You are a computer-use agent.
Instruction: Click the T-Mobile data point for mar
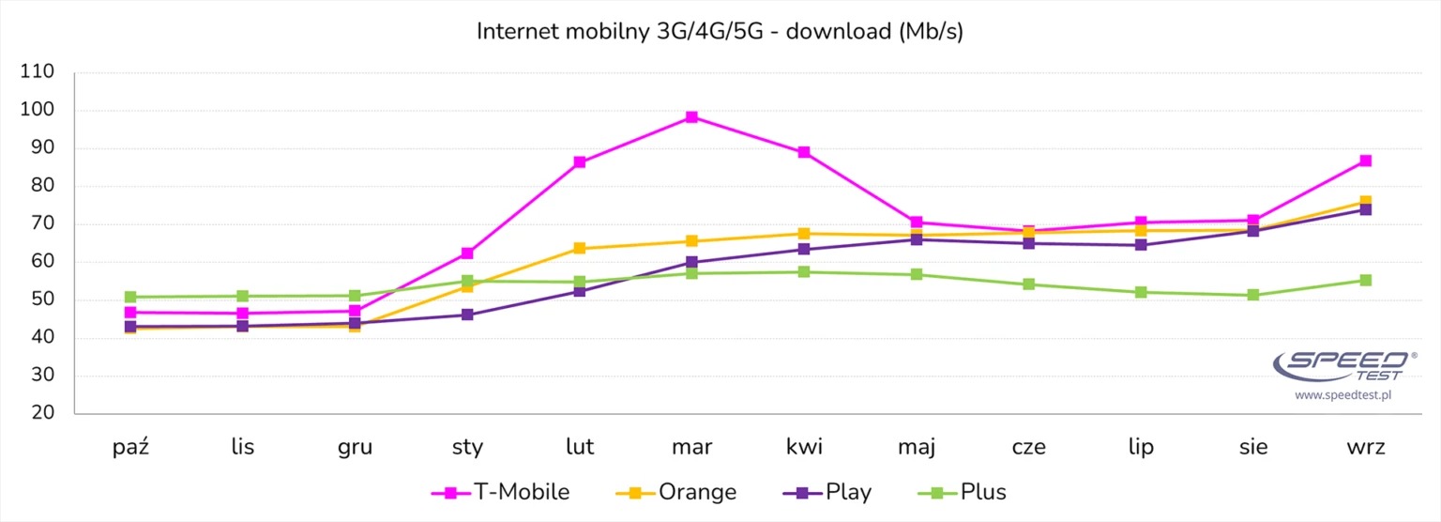[691, 117]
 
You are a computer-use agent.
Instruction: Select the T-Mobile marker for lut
[580, 162]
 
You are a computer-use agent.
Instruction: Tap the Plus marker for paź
[130, 297]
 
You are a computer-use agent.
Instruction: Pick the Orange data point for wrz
[1366, 202]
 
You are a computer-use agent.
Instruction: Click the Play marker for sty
[467, 315]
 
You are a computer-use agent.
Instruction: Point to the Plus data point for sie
[1253, 295]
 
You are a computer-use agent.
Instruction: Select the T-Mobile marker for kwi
[804, 152]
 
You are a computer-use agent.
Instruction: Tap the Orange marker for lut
[580, 248]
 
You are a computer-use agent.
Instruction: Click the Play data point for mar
[691, 262]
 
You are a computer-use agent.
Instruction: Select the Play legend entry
[826, 492]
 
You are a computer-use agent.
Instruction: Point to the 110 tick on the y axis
[38, 72]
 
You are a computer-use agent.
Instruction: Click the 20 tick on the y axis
[43, 414]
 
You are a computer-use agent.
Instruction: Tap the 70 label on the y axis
[43, 224]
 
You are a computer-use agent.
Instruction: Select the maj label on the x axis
[916, 446]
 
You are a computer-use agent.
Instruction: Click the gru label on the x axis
[355, 446]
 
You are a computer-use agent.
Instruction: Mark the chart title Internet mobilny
[720, 31]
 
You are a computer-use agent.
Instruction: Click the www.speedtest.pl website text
[1342, 395]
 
